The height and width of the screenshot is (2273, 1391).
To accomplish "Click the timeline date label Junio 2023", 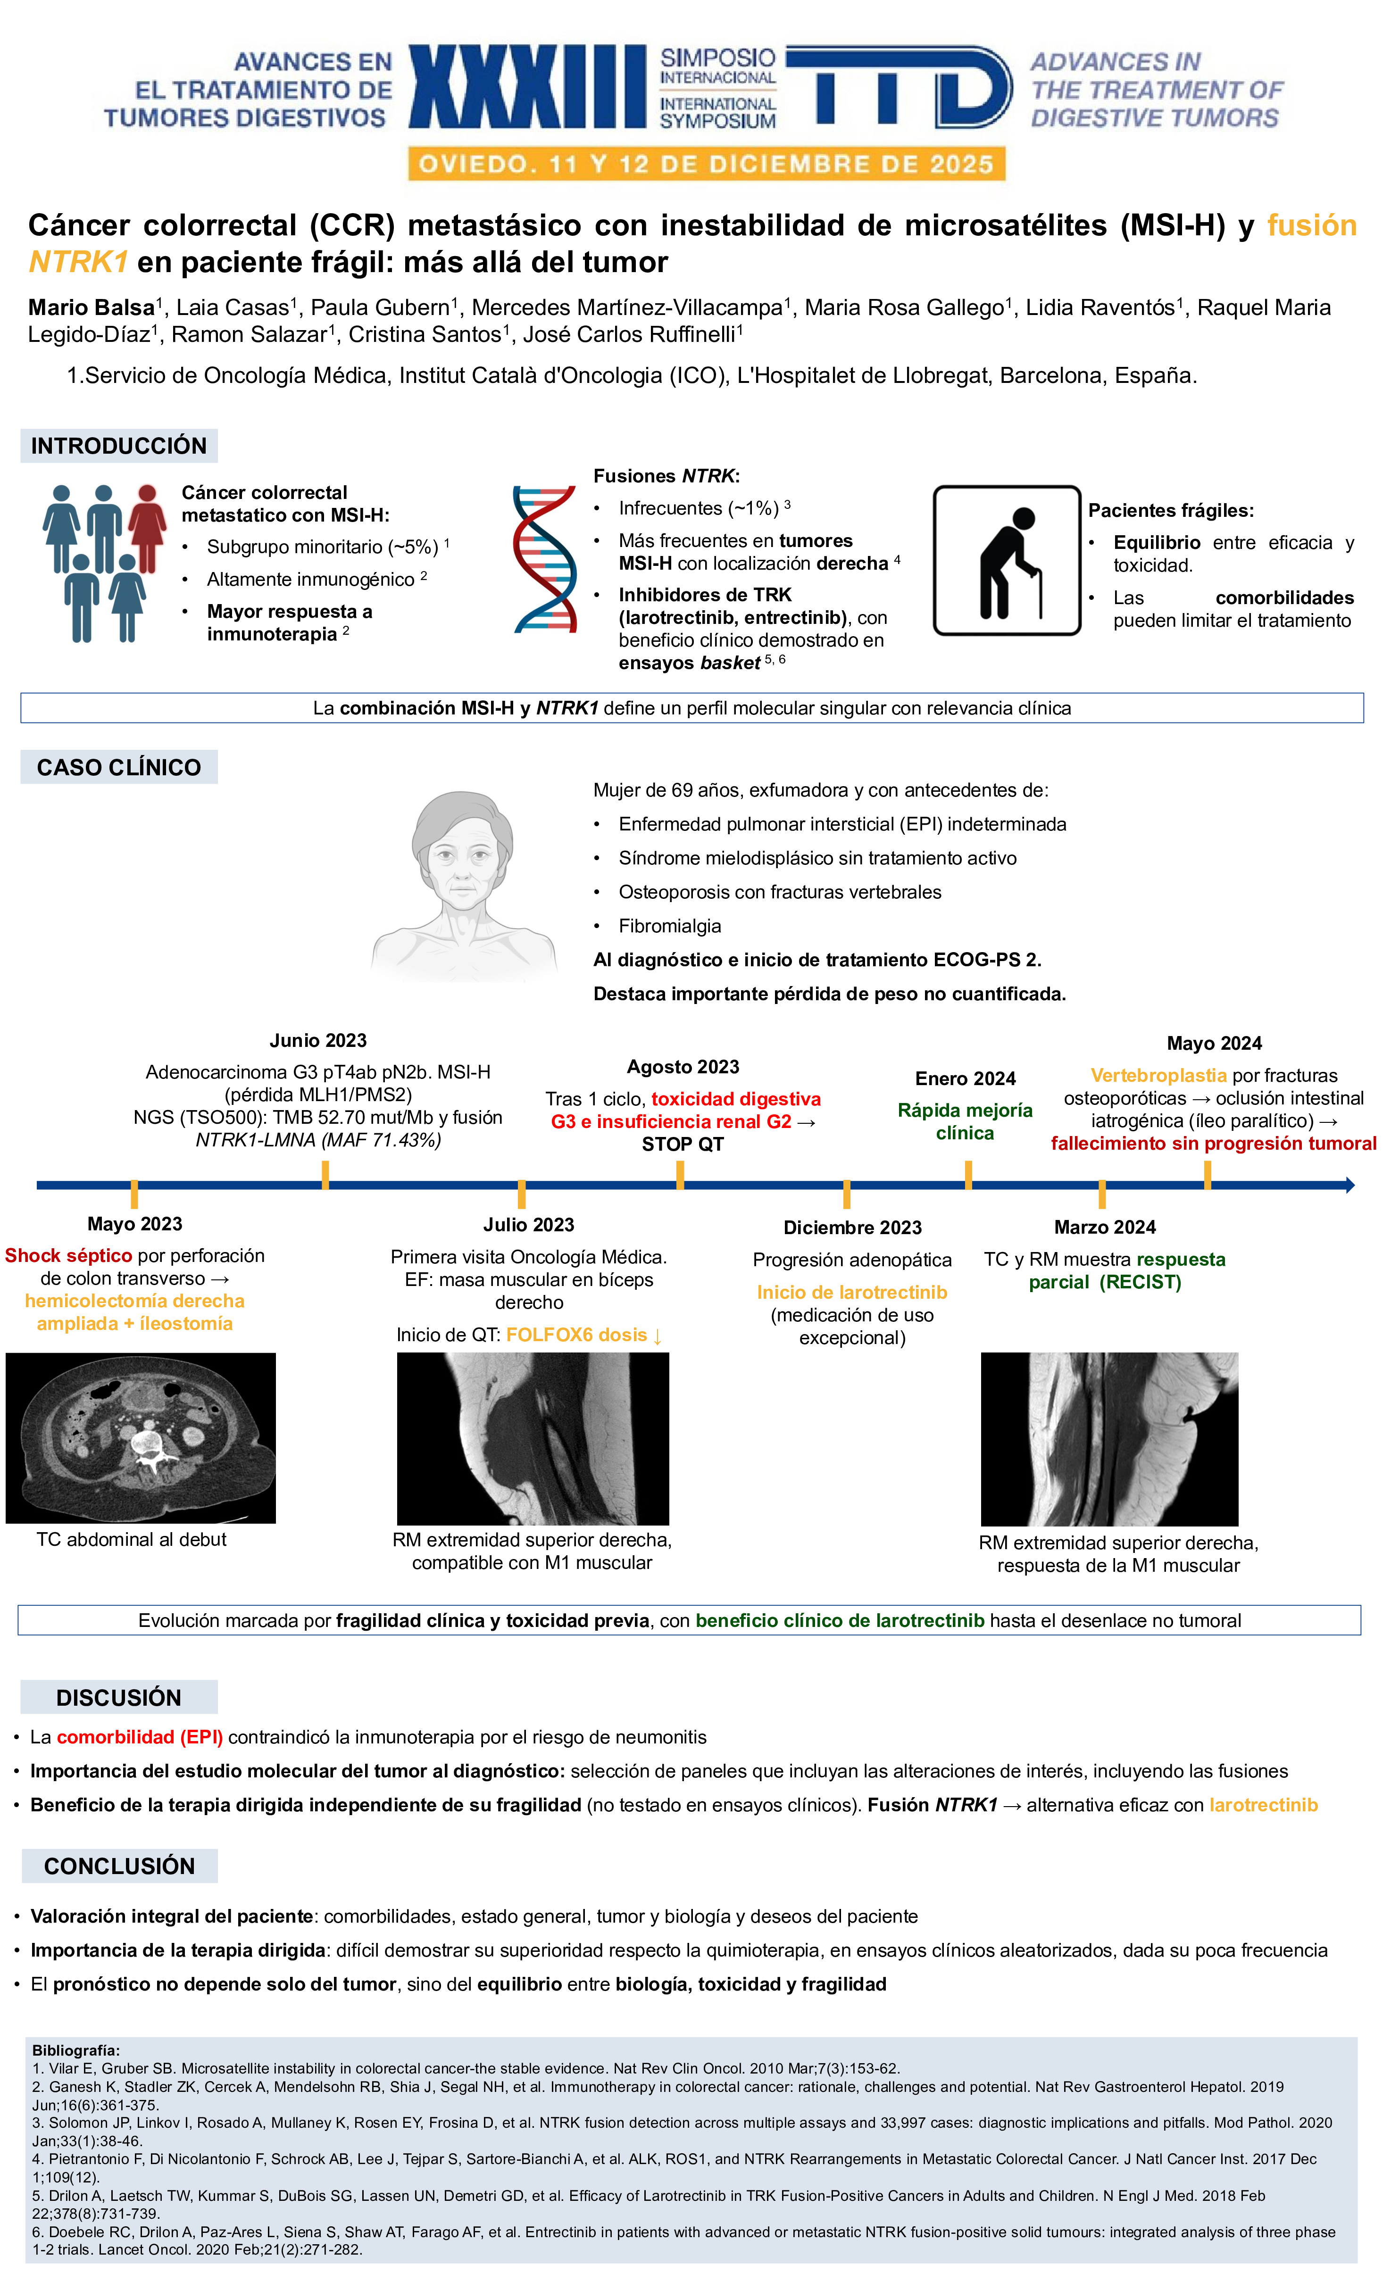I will tap(318, 1041).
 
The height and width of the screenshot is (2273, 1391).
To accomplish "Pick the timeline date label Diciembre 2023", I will tap(852, 1228).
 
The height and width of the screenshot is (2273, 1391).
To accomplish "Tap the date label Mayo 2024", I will tap(1214, 1043).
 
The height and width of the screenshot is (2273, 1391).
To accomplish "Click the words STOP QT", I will tap(683, 1144).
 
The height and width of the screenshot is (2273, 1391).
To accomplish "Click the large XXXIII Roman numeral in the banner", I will tap(528, 87).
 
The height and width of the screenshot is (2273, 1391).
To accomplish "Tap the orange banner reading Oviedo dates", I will tap(707, 164).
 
